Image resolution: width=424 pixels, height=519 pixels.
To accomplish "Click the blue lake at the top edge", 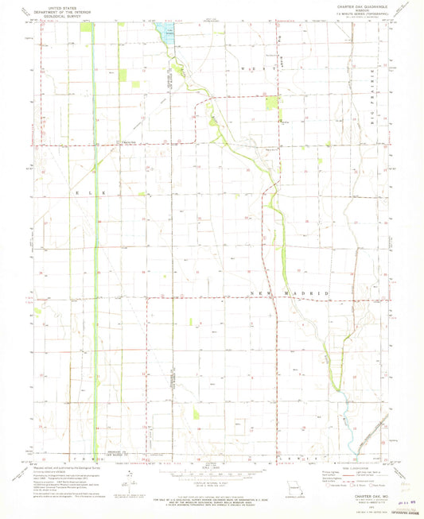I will (167, 31).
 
